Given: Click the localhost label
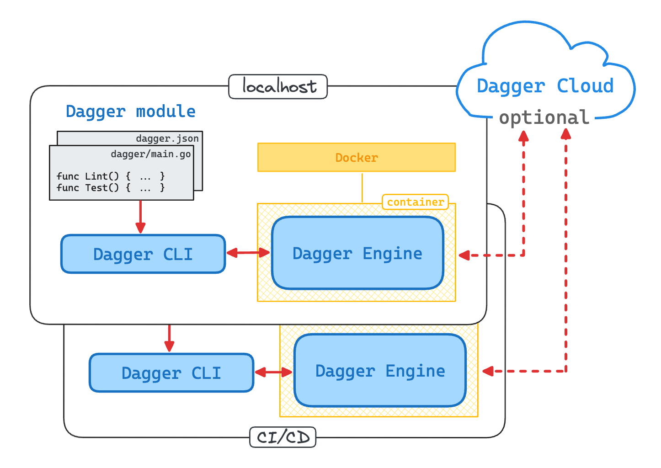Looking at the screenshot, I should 278,86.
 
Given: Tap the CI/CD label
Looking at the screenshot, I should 283,437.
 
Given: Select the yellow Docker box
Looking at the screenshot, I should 356,158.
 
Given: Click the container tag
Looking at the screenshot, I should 415,202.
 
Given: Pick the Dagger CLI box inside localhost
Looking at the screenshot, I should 143,254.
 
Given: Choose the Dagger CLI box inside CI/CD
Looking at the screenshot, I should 171,373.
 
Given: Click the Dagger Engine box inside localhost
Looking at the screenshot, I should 357,253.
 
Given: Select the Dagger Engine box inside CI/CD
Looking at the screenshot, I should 380,371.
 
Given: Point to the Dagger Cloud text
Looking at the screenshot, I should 545,86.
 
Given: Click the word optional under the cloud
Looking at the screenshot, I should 544,117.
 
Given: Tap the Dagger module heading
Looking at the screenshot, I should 130,112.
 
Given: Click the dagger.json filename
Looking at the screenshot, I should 167,138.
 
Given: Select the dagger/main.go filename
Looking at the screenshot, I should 150,154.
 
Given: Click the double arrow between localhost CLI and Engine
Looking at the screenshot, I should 248,252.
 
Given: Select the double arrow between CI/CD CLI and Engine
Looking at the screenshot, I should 273,372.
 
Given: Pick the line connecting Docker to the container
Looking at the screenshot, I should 362,187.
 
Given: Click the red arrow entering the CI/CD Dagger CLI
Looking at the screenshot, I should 169,338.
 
